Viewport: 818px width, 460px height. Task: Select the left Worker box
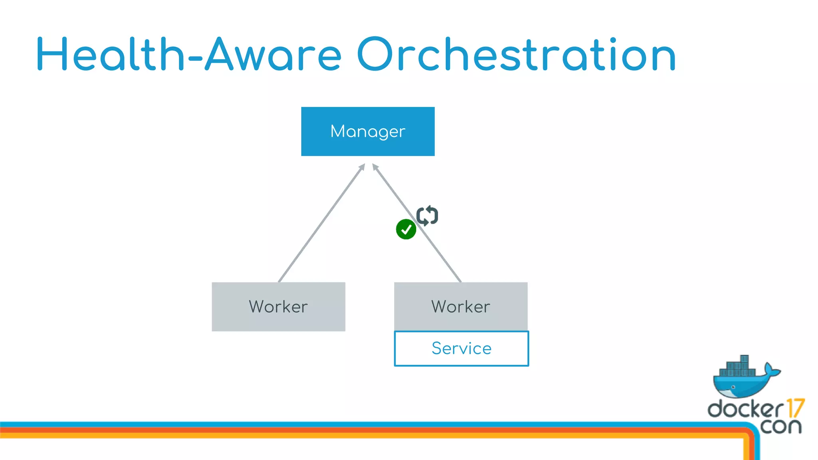tap(278, 307)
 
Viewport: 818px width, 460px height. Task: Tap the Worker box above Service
tap(461, 307)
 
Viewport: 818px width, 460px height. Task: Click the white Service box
tap(461, 348)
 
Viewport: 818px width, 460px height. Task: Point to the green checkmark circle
tap(406, 229)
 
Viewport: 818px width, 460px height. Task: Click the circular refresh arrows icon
tap(427, 216)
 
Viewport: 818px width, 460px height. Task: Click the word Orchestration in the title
tap(516, 55)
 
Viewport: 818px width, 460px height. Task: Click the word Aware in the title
tap(273, 55)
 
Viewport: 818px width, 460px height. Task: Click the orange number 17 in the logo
tap(795, 408)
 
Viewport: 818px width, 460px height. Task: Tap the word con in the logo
tap(780, 426)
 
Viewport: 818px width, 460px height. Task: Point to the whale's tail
tap(771, 369)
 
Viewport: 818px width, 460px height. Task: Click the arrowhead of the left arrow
tap(362, 167)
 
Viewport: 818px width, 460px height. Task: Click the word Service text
tap(461, 348)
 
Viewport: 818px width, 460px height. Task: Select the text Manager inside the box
tap(367, 132)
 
